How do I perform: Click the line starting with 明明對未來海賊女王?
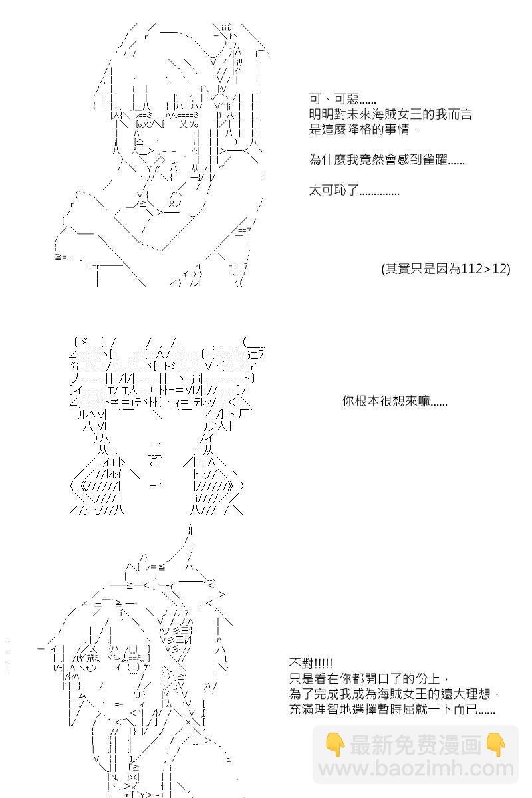click(x=391, y=114)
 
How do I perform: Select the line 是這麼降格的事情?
click(x=363, y=129)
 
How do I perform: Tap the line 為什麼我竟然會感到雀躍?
click(x=387, y=160)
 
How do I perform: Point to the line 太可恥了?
click(x=354, y=191)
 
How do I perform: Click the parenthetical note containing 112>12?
click(x=446, y=269)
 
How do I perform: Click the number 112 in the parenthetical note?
click(x=471, y=269)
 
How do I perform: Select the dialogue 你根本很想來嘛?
click(x=395, y=402)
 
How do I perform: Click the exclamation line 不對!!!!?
click(x=311, y=664)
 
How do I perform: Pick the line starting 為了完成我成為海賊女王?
click(x=394, y=694)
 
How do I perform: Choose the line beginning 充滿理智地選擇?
click(x=392, y=710)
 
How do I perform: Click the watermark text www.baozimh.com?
click(x=416, y=770)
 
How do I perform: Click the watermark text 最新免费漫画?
click(x=416, y=745)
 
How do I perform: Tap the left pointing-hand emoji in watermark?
click(x=334, y=745)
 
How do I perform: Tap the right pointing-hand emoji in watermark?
click(x=496, y=745)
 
